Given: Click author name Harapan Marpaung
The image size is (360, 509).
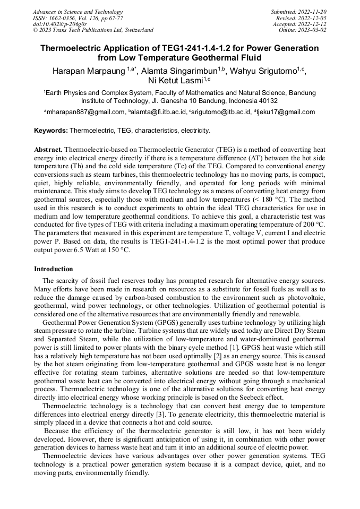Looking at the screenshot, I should coord(88,71).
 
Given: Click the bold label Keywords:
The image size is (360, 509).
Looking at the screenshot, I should coord(51,130).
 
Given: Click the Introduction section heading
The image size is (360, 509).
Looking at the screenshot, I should coord(54,269).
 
